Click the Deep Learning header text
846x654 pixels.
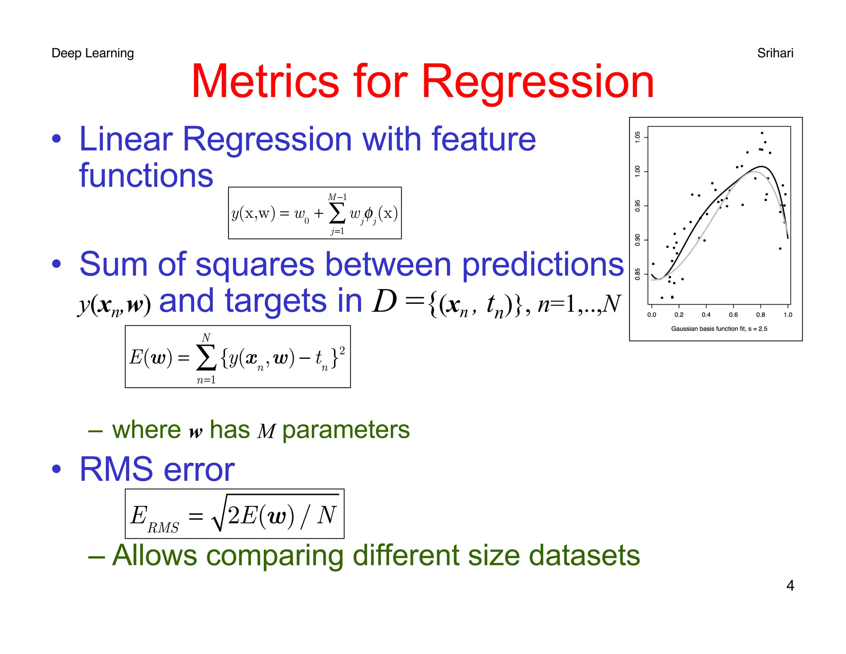point(93,53)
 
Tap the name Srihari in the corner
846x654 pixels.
point(775,53)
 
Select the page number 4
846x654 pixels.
point(790,585)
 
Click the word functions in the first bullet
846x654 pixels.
point(146,175)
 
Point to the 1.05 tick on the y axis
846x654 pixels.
point(637,137)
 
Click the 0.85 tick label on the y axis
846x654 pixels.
point(637,274)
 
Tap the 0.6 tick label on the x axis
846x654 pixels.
point(733,315)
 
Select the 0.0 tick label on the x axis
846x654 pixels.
point(651,315)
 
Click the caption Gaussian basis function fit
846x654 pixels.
point(719,329)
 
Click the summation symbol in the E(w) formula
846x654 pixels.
point(206,358)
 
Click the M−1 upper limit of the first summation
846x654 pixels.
point(337,197)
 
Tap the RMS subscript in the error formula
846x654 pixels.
point(163,528)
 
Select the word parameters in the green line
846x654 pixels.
point(346,430)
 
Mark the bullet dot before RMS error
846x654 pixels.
point(57,469)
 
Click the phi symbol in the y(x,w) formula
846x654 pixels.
point(368,213)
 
